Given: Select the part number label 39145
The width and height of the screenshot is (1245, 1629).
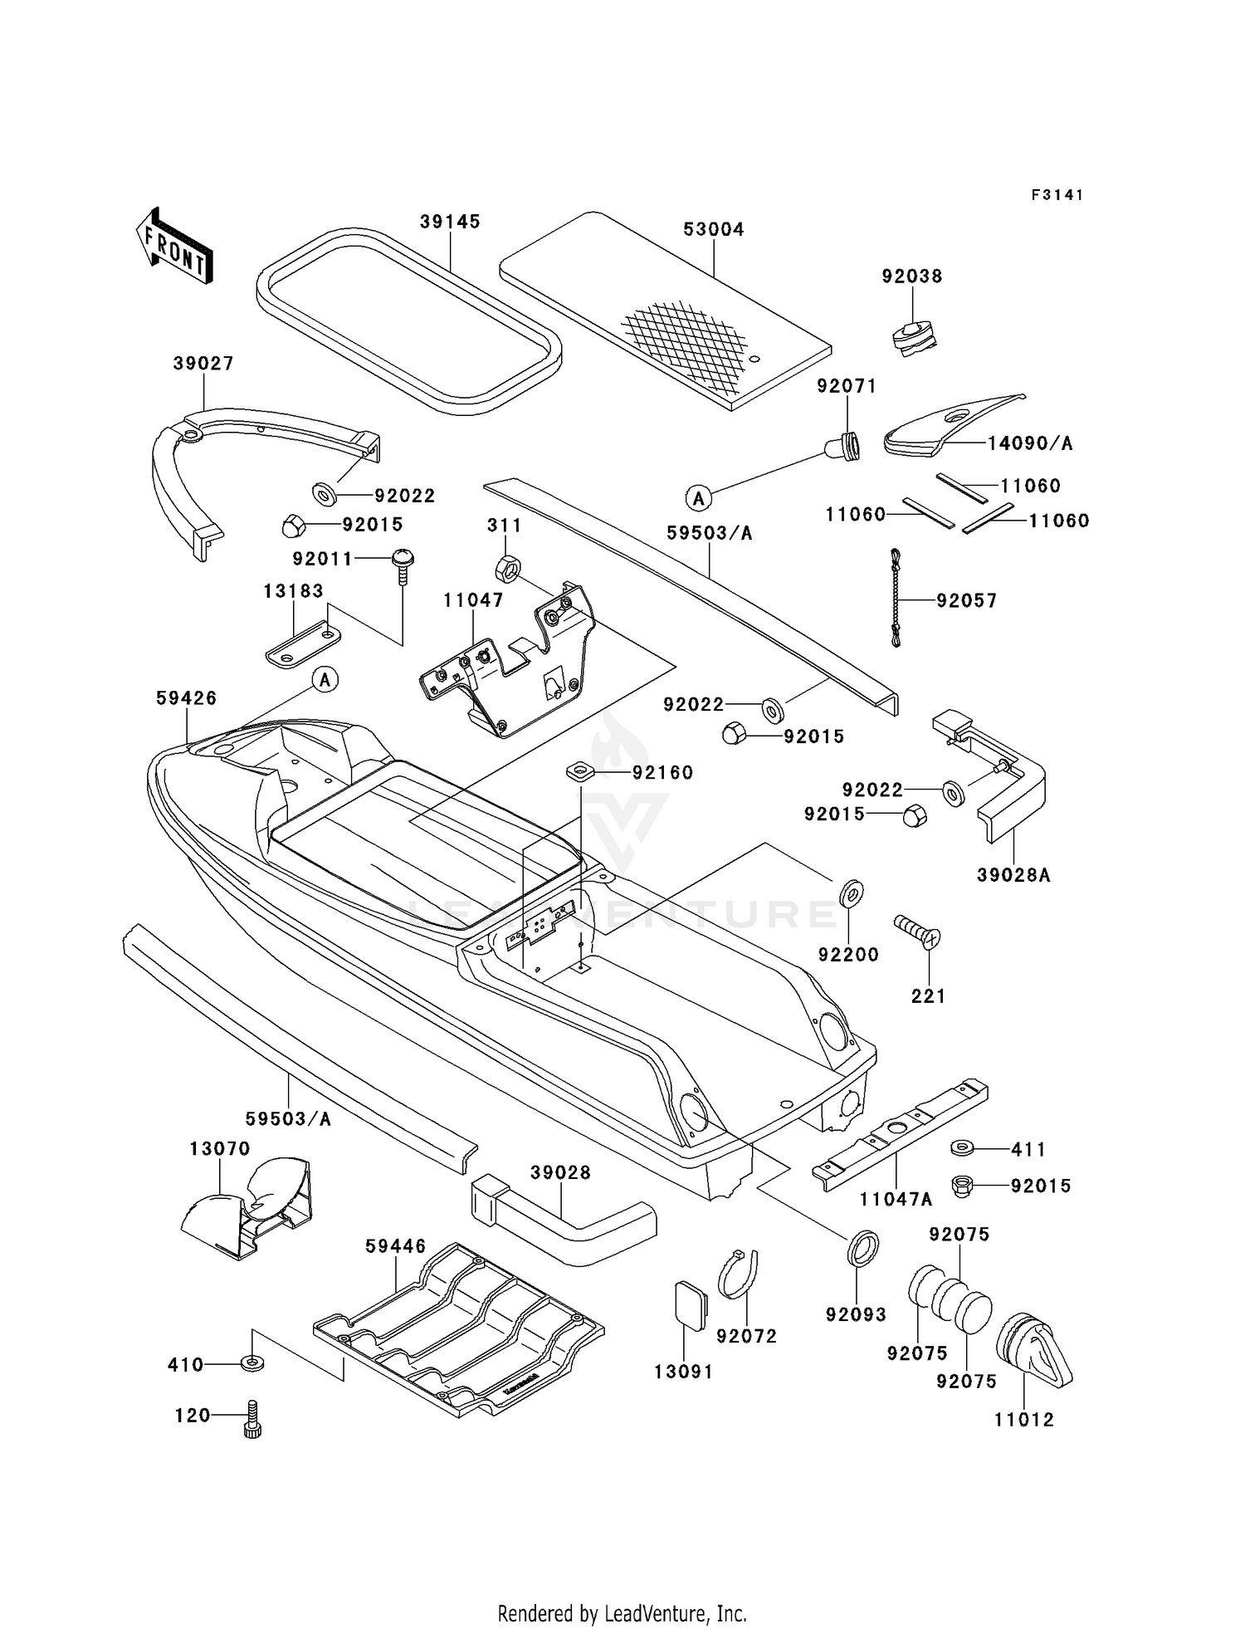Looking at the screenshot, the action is pos(450,222).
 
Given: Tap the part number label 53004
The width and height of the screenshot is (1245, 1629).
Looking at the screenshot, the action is pos(714,229).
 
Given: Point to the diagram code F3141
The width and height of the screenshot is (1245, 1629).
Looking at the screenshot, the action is pos(1057,195).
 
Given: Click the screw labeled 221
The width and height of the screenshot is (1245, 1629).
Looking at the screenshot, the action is pos(916,932).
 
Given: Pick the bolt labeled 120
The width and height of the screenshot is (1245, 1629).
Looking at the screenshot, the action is pos(253,1419).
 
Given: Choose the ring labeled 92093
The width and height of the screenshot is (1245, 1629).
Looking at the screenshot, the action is pos(863,1250).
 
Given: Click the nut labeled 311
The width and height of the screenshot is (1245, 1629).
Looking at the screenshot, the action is pos(507,570).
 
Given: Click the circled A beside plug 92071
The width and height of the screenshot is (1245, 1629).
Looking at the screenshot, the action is pos(698,498).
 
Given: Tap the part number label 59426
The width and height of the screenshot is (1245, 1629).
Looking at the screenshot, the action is pos(186,698).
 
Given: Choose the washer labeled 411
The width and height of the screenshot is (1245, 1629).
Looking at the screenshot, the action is pos(963,1148).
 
